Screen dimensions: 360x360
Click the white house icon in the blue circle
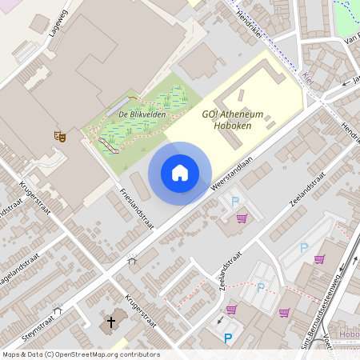point(180,173)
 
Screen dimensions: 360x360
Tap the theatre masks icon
point(58,137)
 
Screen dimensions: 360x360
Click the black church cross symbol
point(111,323)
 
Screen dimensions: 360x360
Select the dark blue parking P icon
point(228,338)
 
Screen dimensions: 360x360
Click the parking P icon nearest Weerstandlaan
point(235,201)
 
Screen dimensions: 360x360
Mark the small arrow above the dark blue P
point(222,322)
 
